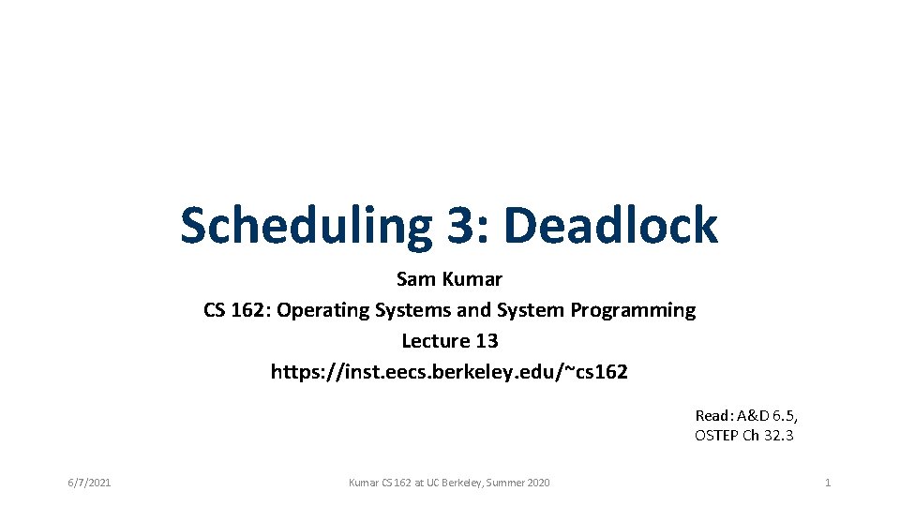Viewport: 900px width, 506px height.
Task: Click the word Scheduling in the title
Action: tap(300, 226)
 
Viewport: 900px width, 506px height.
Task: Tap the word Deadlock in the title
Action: tap(610, 226)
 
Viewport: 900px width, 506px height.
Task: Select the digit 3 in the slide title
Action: tap(457, 226)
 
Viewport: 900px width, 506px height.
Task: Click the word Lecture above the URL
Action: tap(436, 341)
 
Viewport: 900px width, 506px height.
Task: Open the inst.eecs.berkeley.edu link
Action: tap(449, 372)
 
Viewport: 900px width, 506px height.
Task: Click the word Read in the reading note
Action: tap(712, 415)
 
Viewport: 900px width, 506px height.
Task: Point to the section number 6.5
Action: tap(780, 415)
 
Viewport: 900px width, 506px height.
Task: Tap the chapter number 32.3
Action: tap(778, 435)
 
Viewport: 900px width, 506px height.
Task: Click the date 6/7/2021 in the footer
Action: tap(89, 483)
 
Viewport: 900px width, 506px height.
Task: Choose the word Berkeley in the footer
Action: tap(459, 483)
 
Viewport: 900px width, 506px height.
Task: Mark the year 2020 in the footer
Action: tap(537, 483)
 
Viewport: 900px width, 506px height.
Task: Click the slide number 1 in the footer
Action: tap(827, 483)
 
